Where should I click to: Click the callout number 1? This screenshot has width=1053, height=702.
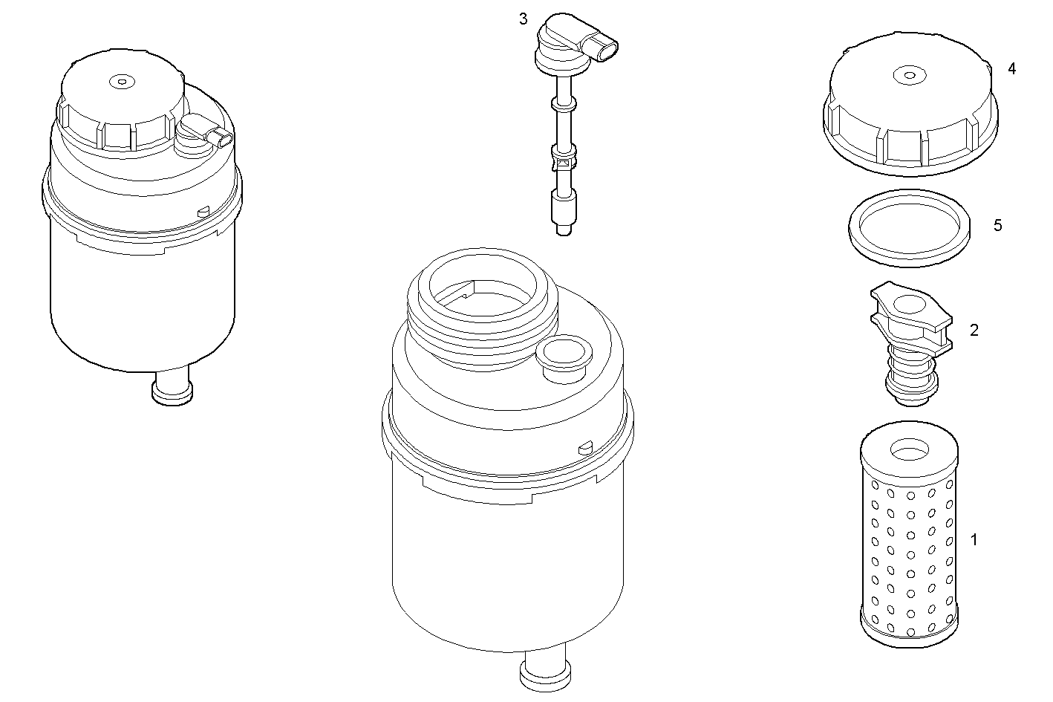tap(974, 540)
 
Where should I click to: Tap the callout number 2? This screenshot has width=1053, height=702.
tap(974, 330)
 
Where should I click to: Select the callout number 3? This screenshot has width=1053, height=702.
tap(524, 19)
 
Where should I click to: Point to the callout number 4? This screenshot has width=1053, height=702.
tap(1011, 68)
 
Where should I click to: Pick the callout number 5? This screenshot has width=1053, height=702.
tap(997, 225)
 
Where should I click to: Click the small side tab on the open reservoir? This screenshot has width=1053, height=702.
tap(584, 447)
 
